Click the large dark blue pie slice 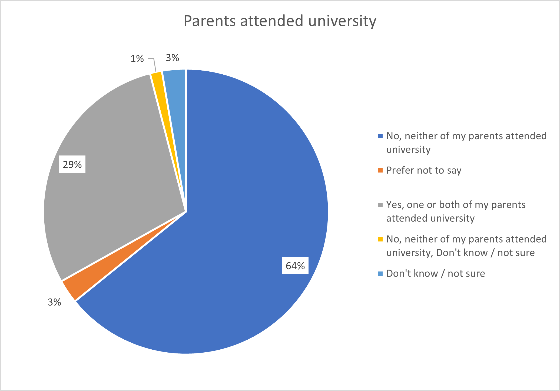[x=243, y=216]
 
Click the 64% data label [x=295, y=266]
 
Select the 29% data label [x=72, y=164]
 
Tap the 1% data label [x=137, y=59]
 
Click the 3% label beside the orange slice [x=54, y=302]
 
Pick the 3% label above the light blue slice [x=172, y=58]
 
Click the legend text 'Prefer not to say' [x=423, y=170]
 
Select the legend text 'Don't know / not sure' [x=435, y=274]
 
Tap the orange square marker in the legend [x=380, y=170]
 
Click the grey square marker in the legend [x=380, y=205]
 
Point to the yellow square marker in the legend [x=380, y=239]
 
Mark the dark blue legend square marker [x=380, y=136]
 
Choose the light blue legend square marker [x=380, y=274]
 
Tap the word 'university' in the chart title [x=342, y=21]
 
